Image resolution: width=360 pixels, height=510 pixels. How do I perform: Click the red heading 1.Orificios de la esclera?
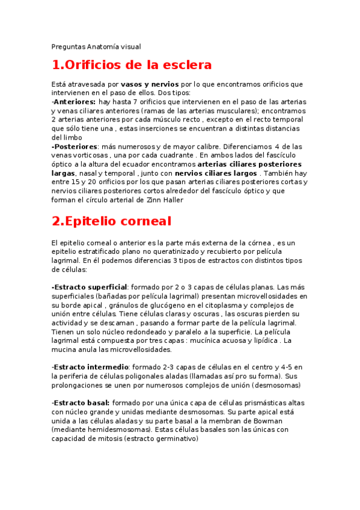coord(132,65)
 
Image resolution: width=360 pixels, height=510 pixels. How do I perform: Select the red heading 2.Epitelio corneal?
coord(111,221)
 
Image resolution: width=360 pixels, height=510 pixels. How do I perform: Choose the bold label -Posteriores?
coord(75,146)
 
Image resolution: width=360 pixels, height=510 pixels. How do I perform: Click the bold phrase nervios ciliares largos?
coord(216,173)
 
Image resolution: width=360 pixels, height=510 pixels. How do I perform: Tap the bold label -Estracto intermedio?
coord(90,367)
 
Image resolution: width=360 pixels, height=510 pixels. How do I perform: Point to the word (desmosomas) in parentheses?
coord(276,385)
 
